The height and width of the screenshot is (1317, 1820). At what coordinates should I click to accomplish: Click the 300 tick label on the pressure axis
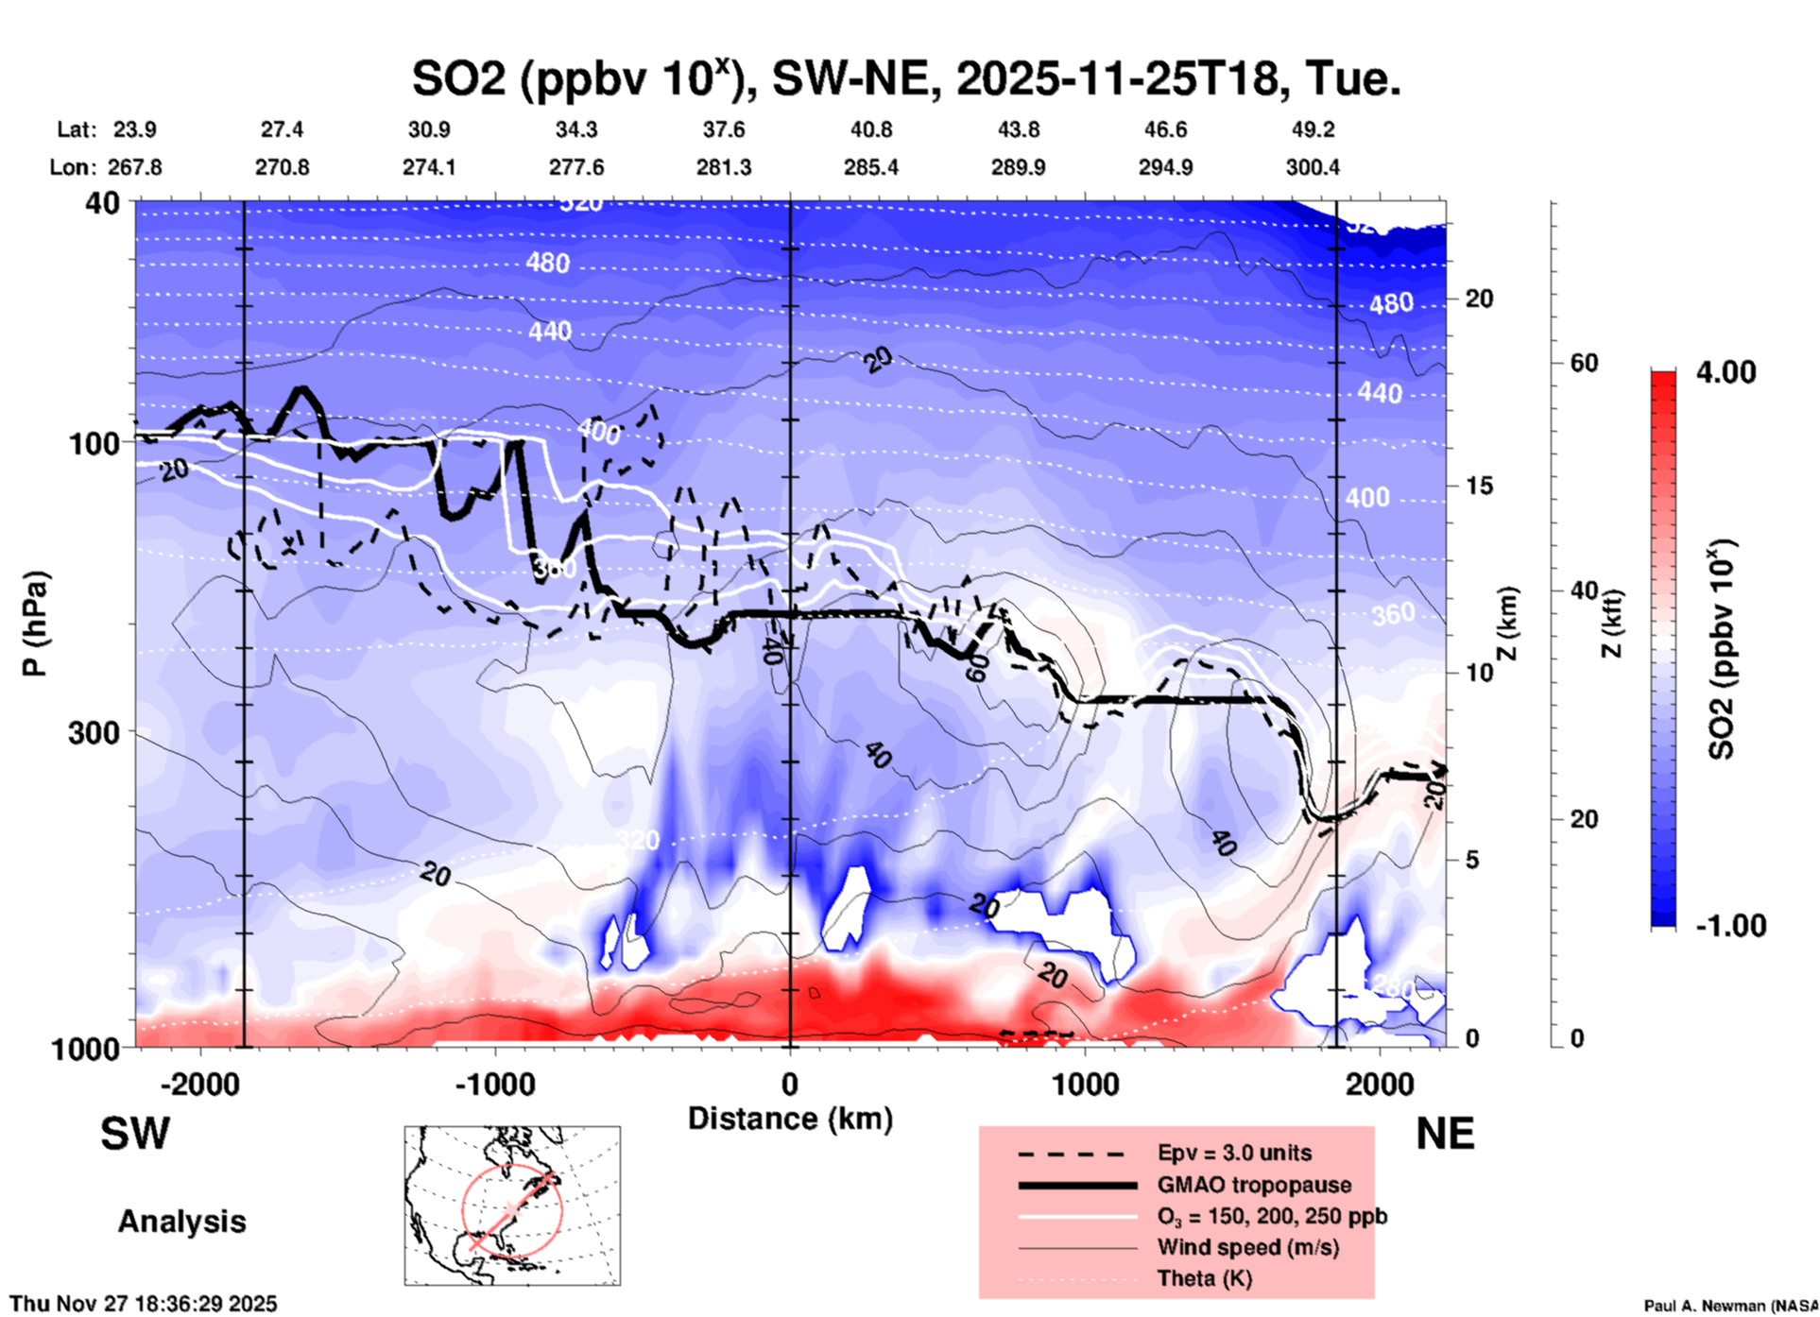tap(94, 732)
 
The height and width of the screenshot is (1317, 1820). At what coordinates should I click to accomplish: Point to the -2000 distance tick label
tap(199, 1084)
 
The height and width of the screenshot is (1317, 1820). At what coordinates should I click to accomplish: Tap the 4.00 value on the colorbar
tap(1726, 371)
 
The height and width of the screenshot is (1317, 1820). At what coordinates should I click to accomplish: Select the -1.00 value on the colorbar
tap(1730, 925)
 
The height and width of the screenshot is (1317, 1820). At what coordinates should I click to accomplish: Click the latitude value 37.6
tap(723, 129)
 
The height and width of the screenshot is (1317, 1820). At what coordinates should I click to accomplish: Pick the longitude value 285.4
tap(870, 167)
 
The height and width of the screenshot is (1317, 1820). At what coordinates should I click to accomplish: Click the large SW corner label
tap(135, 1134)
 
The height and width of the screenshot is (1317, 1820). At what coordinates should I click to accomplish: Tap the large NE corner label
tap(1445, 1134)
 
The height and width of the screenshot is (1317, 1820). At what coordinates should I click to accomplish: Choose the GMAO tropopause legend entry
tap(1254, 1185)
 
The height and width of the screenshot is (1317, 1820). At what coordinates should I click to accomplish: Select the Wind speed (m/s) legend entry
tap(1247, 1247)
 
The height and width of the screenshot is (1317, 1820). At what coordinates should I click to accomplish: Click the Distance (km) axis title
tap(790, 1119)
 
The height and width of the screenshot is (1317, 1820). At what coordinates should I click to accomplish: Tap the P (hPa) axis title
tap(35, 624)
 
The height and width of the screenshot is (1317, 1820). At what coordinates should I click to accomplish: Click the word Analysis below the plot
tap(181, 1221)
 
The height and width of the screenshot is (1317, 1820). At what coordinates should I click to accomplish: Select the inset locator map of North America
tap(512, 1206)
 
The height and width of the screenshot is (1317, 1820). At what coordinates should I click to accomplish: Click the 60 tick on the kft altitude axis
tap(1584, 363)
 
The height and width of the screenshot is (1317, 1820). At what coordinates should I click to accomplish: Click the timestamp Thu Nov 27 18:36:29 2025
tap(144, 1304)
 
